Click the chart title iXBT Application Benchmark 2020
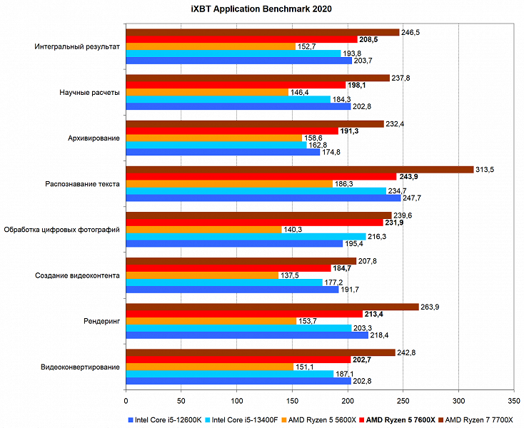pyautogui.click(x=261, y=9)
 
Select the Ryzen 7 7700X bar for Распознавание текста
pyautogui.click(x=300, y=169)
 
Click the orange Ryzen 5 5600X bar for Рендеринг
pyautogui.click(x=211, y=321)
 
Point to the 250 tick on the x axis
pyautogui.click(x=403, y=391)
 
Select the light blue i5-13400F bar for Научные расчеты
pyautogui.click(x=228, y=99)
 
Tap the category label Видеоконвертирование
pyautogui.click(x=80, y=367)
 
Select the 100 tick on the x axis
pyautogui.click(x=236, y=391)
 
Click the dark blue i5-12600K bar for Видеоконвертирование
pyautogui.click(x=238, y=382)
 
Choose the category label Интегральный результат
pyautogui.click(x=77, y=46)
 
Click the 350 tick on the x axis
pyautogui.click(x=513, y=391)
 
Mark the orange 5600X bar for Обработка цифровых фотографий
pyautogui.click(x=203, y=230)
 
